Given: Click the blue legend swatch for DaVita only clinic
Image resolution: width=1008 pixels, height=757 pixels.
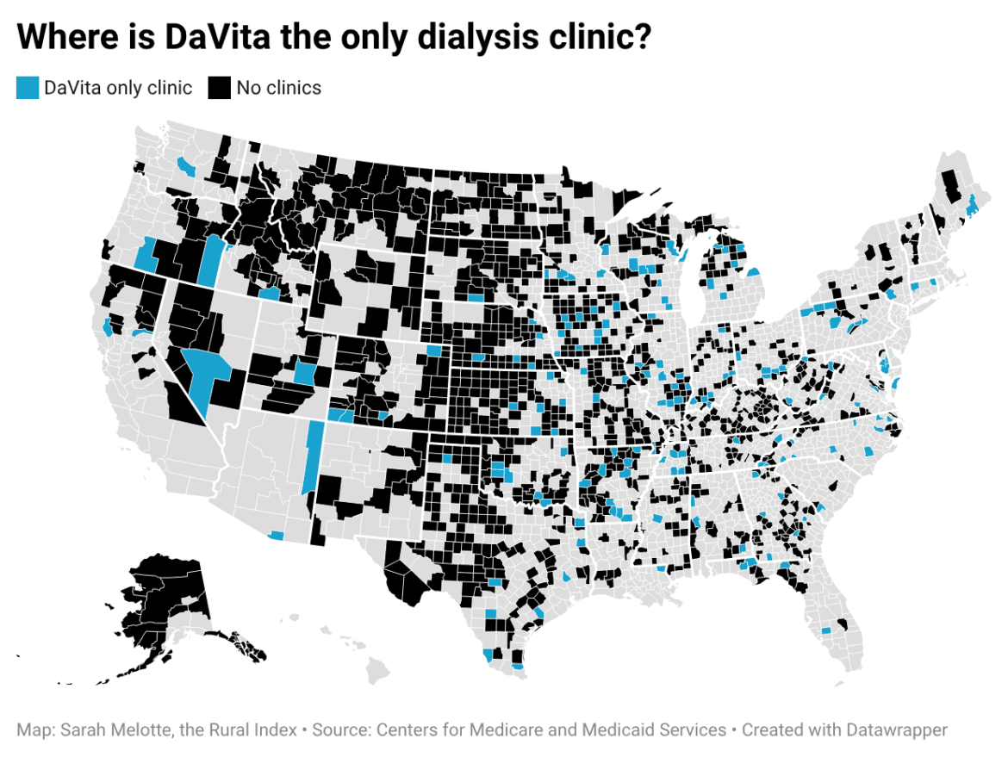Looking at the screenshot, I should click(x=28, y=88).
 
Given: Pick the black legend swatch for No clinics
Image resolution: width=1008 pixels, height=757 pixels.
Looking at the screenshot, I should click(x=221, y=88).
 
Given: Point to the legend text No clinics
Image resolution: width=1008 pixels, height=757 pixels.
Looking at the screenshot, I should click(x=278, y=88).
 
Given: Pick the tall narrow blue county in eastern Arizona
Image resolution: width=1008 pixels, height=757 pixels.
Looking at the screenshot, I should click(x=313, y=456).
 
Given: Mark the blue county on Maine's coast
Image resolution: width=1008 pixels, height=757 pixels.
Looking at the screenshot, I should click(x=971, y=206).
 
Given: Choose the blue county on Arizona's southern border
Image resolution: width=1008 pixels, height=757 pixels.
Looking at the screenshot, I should click(x=276, y=535).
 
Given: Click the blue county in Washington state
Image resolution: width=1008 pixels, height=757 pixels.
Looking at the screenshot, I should click(x=185, y=164).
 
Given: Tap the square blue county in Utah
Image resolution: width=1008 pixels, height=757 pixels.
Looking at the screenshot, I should click(x=304, y=374).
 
